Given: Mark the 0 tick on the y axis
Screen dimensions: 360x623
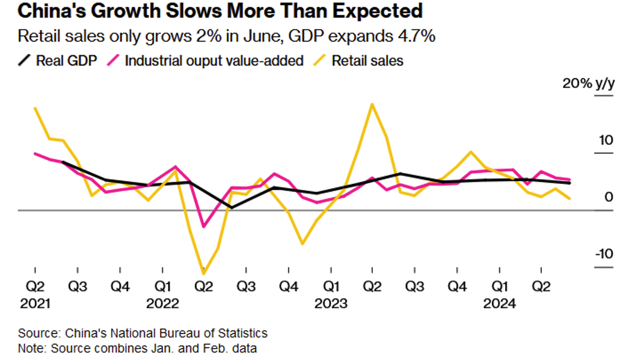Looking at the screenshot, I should (608, 197).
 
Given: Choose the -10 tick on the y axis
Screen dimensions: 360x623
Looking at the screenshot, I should (603, 253).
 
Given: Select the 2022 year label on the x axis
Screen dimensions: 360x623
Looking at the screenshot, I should (162, 304).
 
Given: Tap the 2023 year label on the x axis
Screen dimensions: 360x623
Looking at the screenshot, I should (330, 304).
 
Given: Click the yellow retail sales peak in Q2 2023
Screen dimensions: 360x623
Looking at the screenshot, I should (372, 104).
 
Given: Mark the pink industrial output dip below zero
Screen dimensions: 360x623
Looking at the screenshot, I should (204, 227).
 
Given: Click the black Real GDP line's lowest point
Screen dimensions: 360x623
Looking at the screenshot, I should (232, 207).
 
